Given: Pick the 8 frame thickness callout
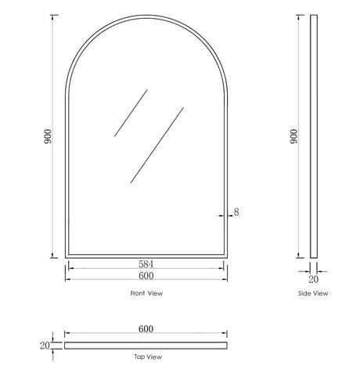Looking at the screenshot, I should click(235, 212).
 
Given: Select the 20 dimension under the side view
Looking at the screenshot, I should click(314, 278).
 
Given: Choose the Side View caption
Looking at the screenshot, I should click(314, 294).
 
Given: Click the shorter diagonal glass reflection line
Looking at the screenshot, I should click(131, 113).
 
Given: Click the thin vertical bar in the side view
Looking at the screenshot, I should click(314, 138).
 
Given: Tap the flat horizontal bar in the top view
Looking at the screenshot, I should click(146, 343).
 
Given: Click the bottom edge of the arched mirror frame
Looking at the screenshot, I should click(146, 256).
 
